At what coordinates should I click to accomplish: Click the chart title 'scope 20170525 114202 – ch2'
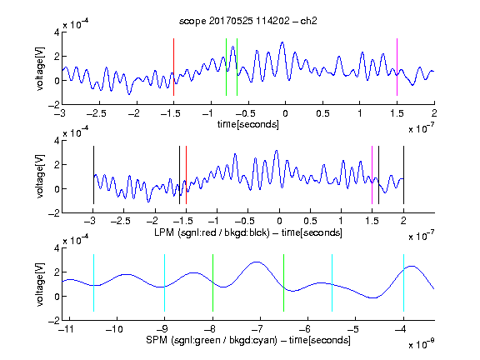[248, 21]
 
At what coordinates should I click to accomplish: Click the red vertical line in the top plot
[173, 67]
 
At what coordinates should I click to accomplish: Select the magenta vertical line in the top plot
[397, 67]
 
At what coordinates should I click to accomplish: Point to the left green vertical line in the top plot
[226, 67]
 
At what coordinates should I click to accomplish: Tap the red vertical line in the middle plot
[186, 175]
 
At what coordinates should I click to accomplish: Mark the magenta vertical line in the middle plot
[372, 175]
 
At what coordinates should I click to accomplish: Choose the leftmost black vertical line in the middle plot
[93, 175]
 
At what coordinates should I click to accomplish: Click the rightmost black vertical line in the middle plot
[403, 175]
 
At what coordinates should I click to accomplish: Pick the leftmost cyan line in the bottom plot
[93, 282]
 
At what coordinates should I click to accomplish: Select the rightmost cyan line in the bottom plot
[403, 282]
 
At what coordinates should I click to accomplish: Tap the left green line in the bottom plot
[212, 282]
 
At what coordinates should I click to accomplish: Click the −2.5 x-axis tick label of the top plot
[97, 113]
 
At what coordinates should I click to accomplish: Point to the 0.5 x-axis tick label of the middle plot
[310, 221]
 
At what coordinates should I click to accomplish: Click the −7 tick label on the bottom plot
[257, 329]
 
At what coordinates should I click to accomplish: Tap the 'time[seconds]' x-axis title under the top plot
[248, 124]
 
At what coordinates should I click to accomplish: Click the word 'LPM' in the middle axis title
[164, 232]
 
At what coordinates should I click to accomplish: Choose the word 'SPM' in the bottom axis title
[157, 340]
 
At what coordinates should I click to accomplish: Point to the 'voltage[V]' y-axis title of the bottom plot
[40, 284]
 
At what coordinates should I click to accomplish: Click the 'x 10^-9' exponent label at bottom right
[421, 343]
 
